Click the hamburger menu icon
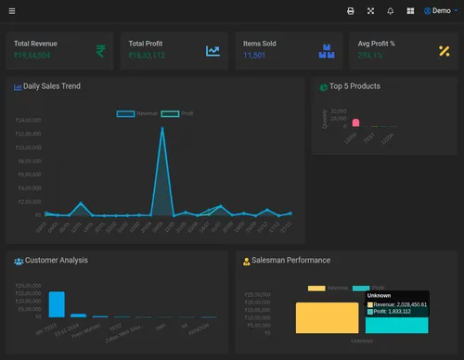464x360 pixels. click(x=12, y=11)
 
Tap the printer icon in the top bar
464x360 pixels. click(x=350, y=11)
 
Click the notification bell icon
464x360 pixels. click(x=390, y=11)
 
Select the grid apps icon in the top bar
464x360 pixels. click(x=410, y=11)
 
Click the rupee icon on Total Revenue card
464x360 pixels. click(x=99, y=50)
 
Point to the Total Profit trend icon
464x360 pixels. click(x=213, y=50)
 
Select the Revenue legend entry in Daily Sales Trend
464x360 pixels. click(x=135, y=113)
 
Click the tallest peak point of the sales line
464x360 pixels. click(x=162, y=128)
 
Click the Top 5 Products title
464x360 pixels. click(x=354, y=86)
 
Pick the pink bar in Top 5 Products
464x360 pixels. click(x=355, y=123)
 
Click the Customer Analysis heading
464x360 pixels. click(x=56, y=261)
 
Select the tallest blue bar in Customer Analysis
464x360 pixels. click(x=57, y=304)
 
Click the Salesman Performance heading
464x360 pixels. click(x=290, y=261)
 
